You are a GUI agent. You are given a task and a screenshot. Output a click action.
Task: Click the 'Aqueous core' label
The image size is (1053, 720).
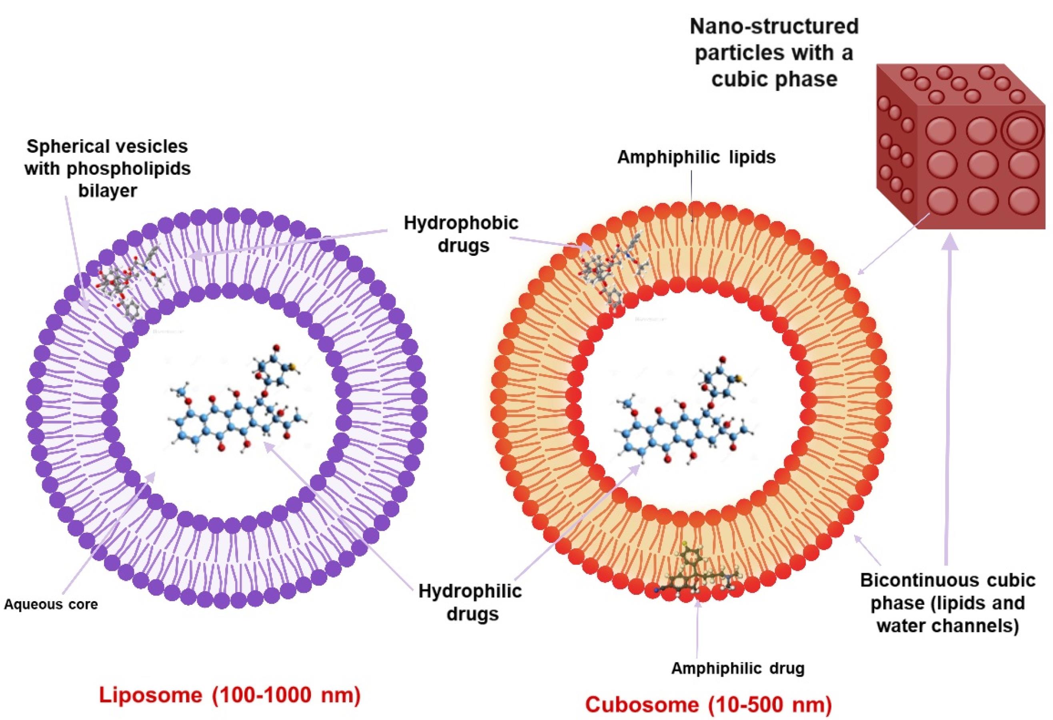pos(51,604)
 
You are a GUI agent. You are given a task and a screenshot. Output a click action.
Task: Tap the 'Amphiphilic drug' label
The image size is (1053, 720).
pos(738,668)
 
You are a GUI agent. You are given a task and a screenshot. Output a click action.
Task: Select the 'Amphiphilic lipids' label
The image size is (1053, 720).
pos(697,157)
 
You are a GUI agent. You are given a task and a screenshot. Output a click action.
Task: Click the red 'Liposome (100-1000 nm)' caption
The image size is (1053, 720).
pos(230,695)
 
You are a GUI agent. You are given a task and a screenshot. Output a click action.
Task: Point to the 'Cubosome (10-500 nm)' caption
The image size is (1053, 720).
pos(708,704)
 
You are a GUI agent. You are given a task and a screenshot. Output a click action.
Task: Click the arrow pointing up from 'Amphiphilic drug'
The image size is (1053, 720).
pos(697,630)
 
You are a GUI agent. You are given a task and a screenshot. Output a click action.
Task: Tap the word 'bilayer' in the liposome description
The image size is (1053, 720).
pos(107,190)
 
